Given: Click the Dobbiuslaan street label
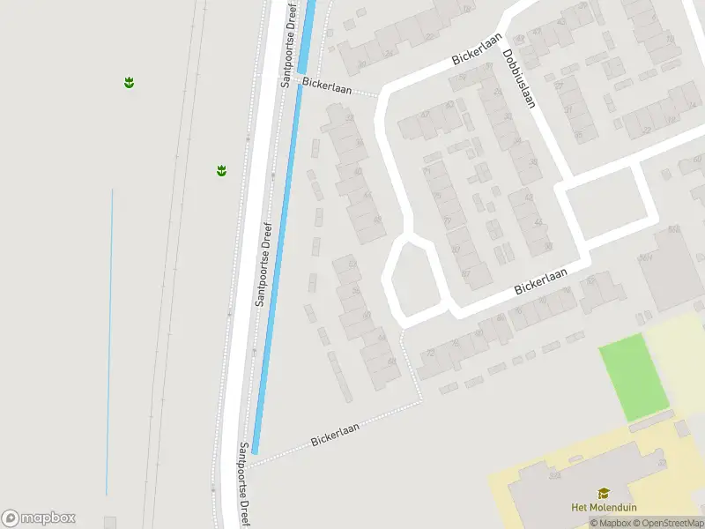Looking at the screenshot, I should [x=519, y=78].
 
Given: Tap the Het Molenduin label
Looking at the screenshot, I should [x=604, y=507].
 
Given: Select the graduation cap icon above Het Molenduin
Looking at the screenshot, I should [x=604, y=493].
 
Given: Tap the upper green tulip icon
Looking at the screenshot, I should [x=129, y=83].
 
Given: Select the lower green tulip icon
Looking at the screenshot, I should [x=222, y=170].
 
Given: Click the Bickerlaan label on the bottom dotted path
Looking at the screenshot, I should [x=337, y=434].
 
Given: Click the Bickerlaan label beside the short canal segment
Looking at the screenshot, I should [x=327, y=85].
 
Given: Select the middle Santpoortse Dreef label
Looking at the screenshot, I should [x=265, y=264].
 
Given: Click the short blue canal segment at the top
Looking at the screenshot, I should [x=307, y=35].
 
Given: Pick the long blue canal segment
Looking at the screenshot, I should [x=277, y=264].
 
